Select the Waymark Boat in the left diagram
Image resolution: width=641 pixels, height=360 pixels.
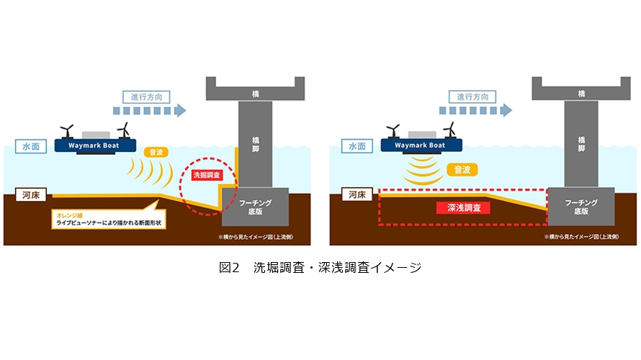click(x=97, y=145)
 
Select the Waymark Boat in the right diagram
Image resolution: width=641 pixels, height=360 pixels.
click(x=423, y=145)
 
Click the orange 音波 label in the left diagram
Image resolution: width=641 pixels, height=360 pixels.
click(x=156, y=153)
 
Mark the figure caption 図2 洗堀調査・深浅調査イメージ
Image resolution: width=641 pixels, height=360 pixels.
click(x=320, y=268)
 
